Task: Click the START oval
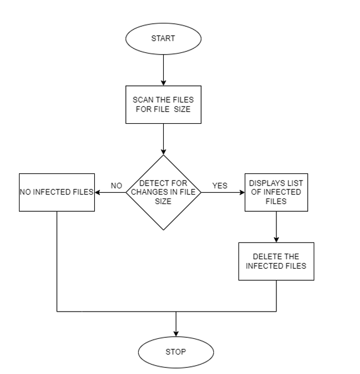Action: [x=163, y=38]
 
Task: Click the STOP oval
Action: [x=176, y=352]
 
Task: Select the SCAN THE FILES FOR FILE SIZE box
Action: [x=163, y=105]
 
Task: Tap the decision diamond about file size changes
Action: [x=163, y=192]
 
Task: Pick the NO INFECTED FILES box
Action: [x=57, y=192]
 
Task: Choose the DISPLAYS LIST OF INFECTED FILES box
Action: [x=276, y=192]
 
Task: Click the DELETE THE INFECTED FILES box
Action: [x=276, y=261]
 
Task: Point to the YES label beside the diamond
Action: [x=220, y=186]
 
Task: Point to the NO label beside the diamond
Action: [x=116, y=186]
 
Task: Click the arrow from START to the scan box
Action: [x=163, y=70]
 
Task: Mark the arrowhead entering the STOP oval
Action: [x=176, y=334]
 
